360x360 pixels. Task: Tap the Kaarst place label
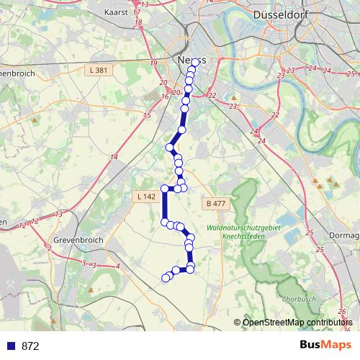pyautogui.click(x=115, y=12)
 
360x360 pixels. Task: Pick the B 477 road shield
pyautogui.click(x=215, y=204)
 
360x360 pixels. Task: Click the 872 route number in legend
pyautogui.click(x=30, y=346)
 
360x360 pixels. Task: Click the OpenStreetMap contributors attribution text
pyautogui.click(x=297, y=322)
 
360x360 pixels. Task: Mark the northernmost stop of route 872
pyautogui.click(x=194, y=63)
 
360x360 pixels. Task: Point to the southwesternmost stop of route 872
pyautogui.click(x=166, y=277)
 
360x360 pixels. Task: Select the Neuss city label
pyautogui.click(x=191, y=60)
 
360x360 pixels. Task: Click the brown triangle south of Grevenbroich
pyautogui.click(x=92, y=290)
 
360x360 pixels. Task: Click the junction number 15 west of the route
pyautogui.click(x=147, y=116)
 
